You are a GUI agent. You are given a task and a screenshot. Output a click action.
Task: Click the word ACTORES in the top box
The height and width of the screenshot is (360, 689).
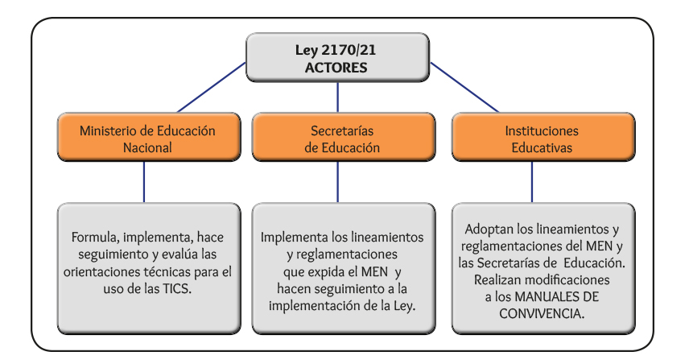[336, 68]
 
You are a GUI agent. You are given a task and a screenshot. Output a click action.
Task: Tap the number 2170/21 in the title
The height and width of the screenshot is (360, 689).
[349, 50]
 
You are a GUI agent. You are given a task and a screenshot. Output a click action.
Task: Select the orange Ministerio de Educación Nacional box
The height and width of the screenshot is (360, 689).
[149, 137]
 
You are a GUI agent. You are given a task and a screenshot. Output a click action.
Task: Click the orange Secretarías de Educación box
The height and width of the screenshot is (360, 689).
[344, 137]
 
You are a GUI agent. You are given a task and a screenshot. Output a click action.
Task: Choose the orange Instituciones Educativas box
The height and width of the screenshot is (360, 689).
[543, 137]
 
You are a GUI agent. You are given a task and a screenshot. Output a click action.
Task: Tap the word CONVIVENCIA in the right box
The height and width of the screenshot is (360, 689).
[542, 314]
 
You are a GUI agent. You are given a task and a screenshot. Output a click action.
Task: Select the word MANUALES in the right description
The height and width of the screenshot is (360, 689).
[547, 296]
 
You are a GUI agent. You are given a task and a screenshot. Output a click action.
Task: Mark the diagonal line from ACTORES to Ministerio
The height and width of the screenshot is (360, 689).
[212, 88]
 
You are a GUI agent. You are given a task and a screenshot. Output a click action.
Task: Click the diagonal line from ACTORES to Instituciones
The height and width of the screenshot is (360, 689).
[464, 88]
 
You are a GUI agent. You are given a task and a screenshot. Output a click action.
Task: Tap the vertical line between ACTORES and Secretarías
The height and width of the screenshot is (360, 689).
[337, 97]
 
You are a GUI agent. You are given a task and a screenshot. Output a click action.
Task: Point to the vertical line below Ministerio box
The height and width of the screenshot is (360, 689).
[144, 182]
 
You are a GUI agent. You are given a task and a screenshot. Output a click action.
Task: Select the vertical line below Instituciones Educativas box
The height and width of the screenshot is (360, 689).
[532, 182]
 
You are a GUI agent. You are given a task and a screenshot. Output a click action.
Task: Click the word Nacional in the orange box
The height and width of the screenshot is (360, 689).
[147, 147]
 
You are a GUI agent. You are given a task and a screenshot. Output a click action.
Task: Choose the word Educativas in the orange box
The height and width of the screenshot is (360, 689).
[542, 147]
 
